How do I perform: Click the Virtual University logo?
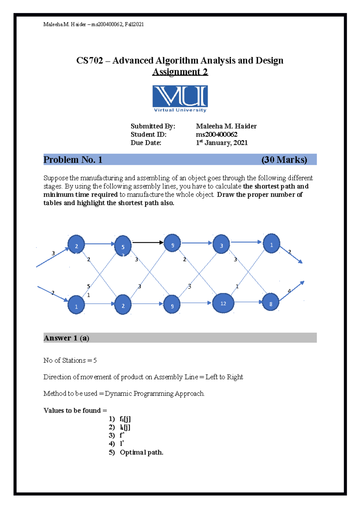coord(180,99)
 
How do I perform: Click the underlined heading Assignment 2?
coord(180,72)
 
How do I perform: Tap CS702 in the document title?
coord(90,61)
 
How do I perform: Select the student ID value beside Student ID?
coord(216,134)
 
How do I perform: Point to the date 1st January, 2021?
coord(222,143)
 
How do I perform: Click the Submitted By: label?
coord(153,126)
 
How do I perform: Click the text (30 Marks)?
coord(284,159)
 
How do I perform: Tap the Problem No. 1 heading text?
coord(73,159)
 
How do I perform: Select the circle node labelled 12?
coord(223,303)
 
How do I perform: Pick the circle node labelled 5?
coord(123,246)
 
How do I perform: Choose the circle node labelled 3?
coord(221,244)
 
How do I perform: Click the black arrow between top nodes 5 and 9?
coord(148,242)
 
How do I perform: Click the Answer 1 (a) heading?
coord(66,338)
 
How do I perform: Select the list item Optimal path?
coord(141,452)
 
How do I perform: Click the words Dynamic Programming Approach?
coord(154,393)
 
